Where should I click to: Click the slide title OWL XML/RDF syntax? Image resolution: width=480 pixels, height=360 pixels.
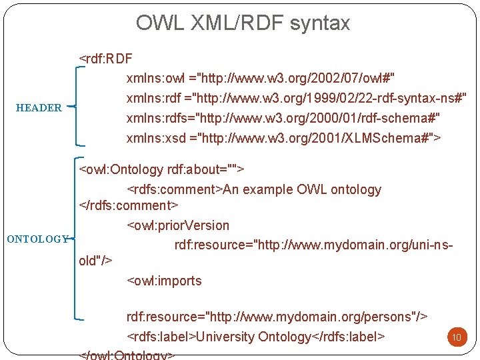tap(243, 23)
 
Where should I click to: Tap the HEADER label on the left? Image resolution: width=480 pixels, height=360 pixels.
tap(39, 107)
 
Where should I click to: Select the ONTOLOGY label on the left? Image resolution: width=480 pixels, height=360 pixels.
tap(37, 239)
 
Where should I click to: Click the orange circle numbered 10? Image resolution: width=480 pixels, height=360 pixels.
tap(457, 337)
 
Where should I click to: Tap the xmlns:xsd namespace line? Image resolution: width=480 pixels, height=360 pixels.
tap(284, 138)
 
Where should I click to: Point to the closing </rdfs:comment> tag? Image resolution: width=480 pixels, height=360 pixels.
tap(129, 205)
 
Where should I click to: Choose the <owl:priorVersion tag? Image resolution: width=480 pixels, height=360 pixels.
tap(178, 225)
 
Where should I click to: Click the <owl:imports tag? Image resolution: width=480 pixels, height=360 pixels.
tap(164, 281)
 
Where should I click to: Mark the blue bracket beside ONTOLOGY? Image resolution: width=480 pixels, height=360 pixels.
tap(77, 239)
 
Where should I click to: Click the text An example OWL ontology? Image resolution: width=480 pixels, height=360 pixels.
tap(302, 189)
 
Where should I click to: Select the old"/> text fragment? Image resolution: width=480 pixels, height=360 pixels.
tap(95, 261)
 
